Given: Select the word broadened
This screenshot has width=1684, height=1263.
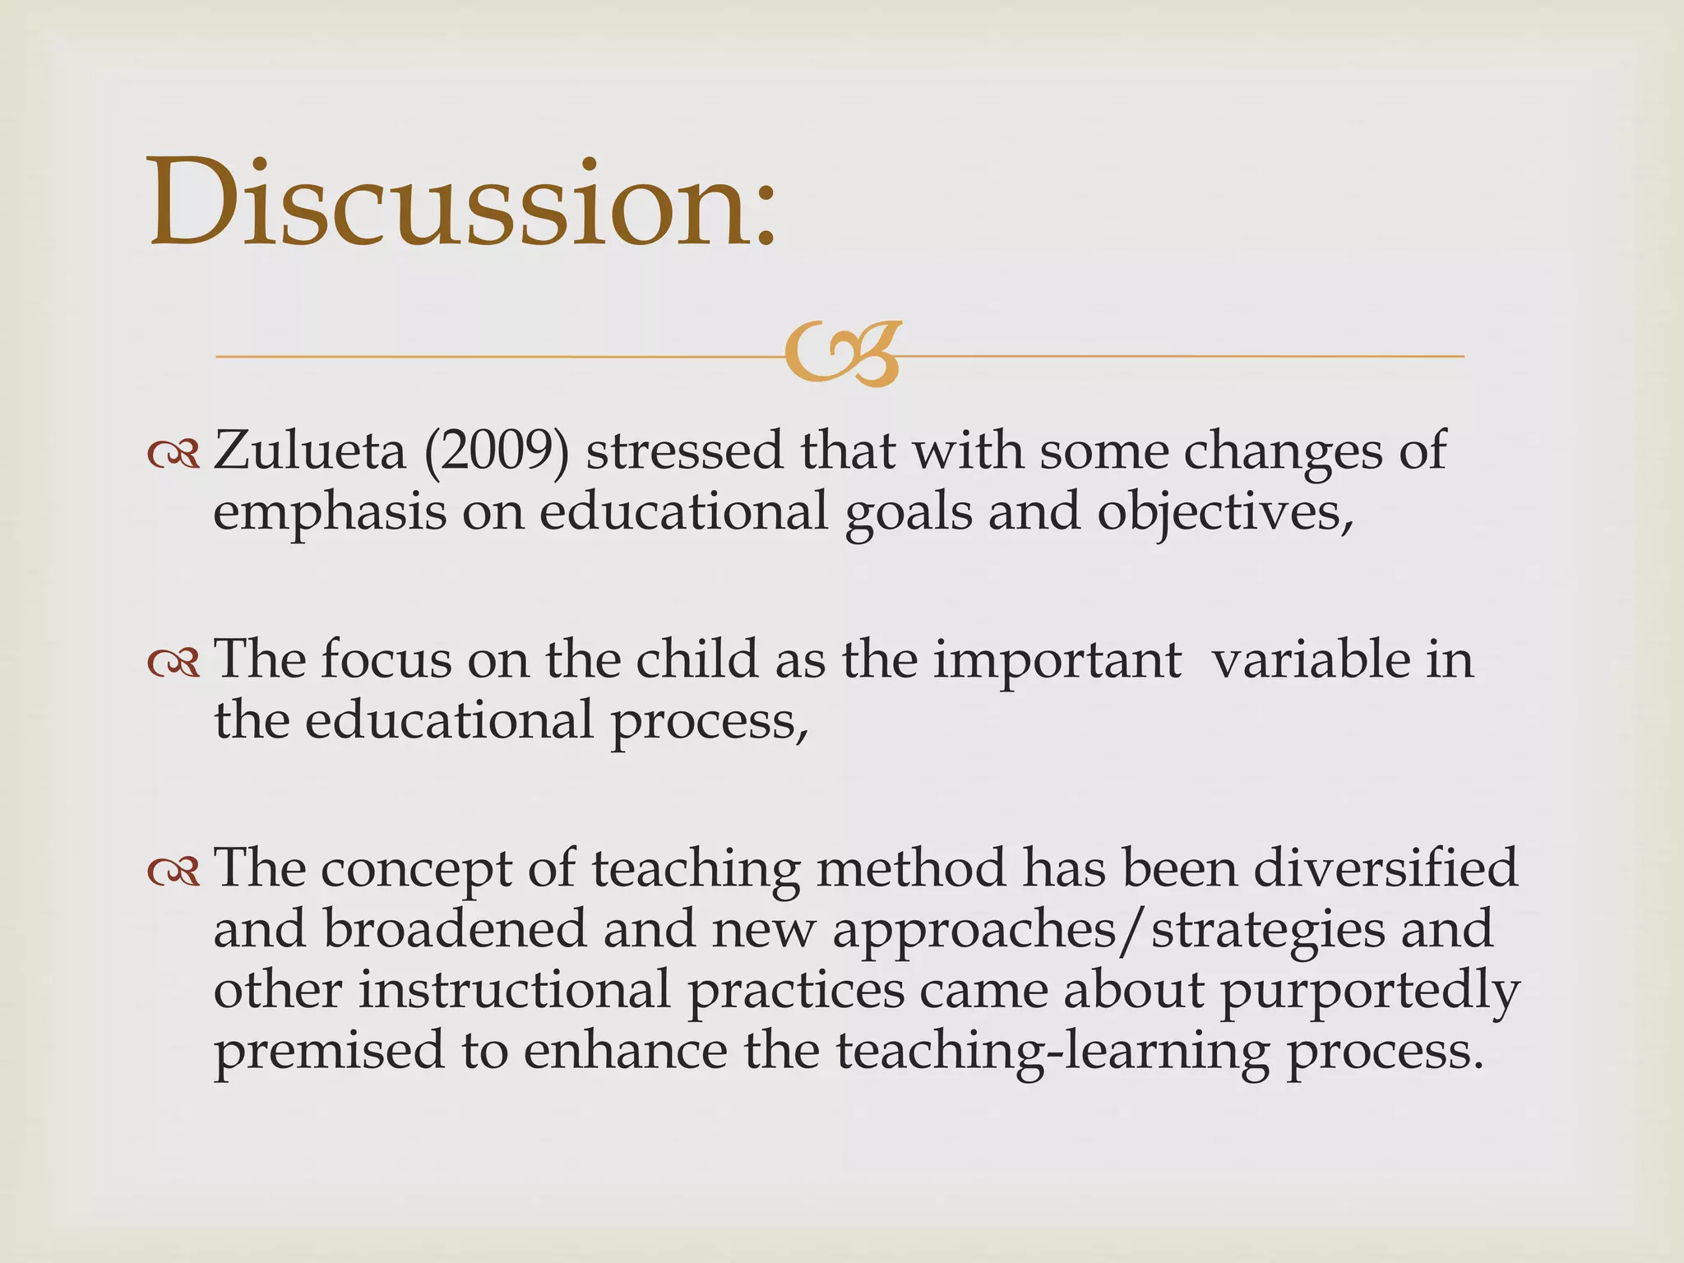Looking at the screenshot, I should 455,929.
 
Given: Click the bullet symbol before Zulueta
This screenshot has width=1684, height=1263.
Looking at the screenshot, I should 173,453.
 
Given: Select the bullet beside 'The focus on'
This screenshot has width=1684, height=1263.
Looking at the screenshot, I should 173,662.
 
